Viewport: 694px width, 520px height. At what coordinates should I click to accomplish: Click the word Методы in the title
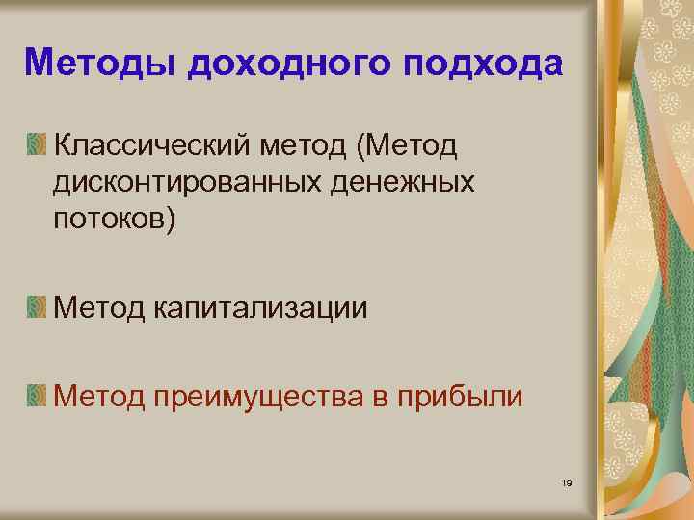(x=100, y=63)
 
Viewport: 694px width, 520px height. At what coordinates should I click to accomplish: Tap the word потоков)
(x=116, y=219)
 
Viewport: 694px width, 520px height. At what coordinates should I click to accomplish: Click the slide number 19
(x=567, y=481)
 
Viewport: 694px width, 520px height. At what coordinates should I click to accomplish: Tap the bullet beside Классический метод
(x=36, y=145)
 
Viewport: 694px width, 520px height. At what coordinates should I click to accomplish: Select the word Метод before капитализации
(x=99, y=309)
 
